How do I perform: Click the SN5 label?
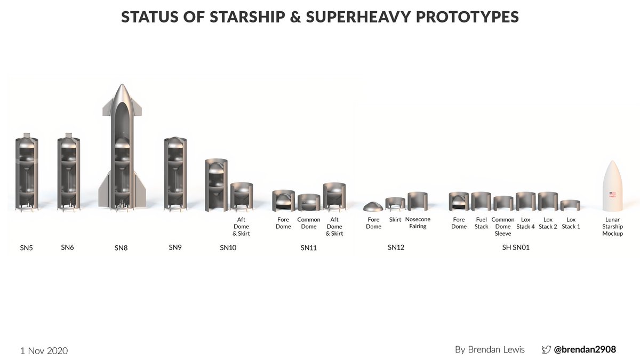(27, 248)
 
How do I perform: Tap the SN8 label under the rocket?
(121, 248)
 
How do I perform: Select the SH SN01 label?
(516, 247)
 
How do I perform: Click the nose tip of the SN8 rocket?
(122, 85)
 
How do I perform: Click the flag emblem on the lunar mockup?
(612, 195)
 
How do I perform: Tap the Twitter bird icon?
(546, 350)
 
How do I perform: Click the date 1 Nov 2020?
(44, 350)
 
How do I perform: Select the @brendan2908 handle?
(585, 350)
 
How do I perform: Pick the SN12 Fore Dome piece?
(373, 206)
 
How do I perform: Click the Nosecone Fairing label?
(418, 223)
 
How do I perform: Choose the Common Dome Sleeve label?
(503, 227)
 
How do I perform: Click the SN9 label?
(175, 247)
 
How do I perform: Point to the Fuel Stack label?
(481, 223)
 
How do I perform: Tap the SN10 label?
(228, 248)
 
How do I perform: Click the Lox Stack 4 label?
(525, 223)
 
